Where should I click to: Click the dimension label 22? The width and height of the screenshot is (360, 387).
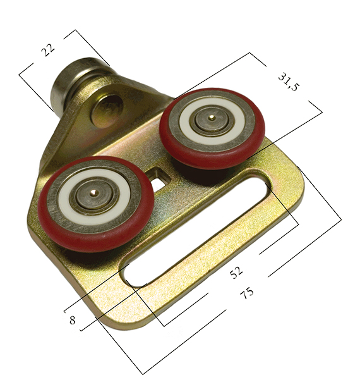(48, 49)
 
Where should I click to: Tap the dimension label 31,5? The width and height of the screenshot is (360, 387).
(289, 82)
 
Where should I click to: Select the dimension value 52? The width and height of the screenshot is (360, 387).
(236, 272)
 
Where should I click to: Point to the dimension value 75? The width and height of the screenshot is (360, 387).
(246, 292)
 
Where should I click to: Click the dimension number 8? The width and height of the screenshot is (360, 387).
(72, 320)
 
